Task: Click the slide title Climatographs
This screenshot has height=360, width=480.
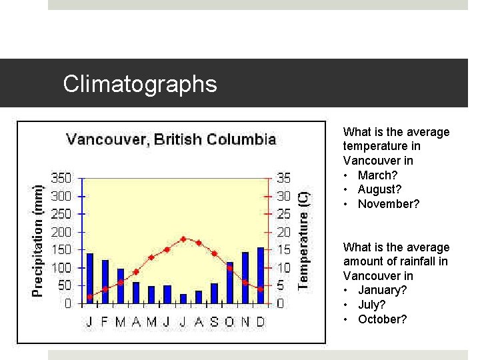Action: coord(140,84)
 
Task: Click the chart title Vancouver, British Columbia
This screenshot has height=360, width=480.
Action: coord(171,139)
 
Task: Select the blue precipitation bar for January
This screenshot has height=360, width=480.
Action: coord(90,278)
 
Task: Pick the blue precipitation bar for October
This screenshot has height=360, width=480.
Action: coord(229,283)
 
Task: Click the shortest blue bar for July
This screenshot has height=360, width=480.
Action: coord(183,299)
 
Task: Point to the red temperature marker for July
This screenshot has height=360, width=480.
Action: coord(183,239)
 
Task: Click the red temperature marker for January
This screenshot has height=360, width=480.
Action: coord(90,297)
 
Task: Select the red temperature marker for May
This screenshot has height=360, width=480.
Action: coord(151,257)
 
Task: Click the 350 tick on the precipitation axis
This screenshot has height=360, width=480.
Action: coord(61,179)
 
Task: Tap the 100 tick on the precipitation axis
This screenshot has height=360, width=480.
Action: coord(61,268)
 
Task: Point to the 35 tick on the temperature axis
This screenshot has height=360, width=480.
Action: coord(284,179)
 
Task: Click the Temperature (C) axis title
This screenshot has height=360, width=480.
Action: coord(303,241)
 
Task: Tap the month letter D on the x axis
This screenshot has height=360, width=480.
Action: coord(261,322)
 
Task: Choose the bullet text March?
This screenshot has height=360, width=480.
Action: coord(377,175)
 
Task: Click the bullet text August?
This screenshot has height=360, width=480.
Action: coord(379,189)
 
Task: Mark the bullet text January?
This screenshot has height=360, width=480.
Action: coord(382,290)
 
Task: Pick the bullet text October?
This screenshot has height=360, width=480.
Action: coord(382,319)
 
